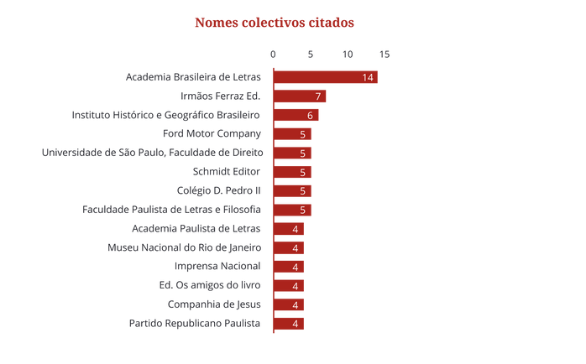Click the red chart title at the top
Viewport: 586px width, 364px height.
(274, 23)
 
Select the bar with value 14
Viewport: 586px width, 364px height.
(327, 77)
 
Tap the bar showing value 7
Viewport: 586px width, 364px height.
(301, 96)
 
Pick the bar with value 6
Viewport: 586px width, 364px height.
(298, 115)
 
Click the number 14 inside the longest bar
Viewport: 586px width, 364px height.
(368, 77)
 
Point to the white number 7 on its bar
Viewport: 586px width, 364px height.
(318, 96)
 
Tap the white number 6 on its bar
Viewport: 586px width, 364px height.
(311, 115)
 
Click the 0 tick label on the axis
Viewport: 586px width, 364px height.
(273, 55)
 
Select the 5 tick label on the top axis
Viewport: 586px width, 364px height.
(311, 55)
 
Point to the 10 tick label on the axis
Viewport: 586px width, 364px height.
(348, 55)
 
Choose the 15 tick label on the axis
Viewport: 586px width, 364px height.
(385, 55)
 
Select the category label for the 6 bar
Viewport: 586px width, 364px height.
(166, 115)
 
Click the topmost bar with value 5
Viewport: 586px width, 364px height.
(295, 134)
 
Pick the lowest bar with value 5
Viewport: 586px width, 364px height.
(295, 210)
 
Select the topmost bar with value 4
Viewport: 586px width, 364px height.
(290, 229)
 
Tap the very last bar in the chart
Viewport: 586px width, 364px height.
(290, 323)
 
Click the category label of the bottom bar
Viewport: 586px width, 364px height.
(195, 323)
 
